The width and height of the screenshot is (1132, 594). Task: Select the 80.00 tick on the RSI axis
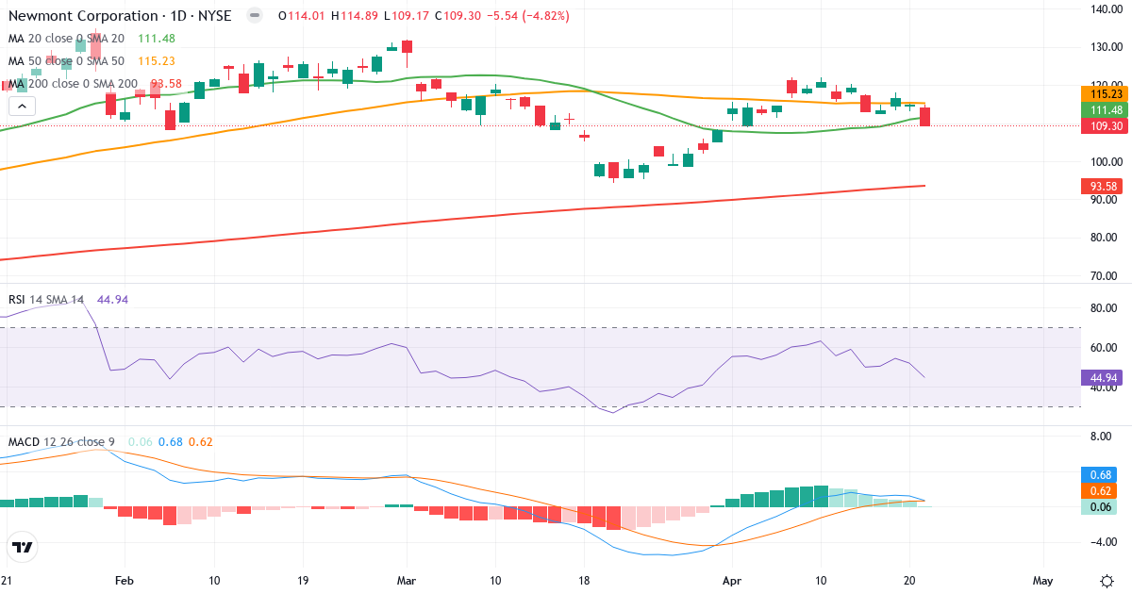[1103, 307]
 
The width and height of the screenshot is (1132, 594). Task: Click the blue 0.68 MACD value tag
[1098, 474]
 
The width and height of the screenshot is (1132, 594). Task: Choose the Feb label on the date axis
[124, 581]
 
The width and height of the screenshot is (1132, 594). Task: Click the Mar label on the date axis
[407, 581]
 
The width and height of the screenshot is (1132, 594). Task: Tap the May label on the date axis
[1042, 581]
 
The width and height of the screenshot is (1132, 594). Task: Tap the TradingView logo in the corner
[23, 547]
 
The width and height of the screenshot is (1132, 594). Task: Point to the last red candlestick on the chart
[925, 117]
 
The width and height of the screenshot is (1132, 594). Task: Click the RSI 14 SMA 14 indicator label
[46, 300]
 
